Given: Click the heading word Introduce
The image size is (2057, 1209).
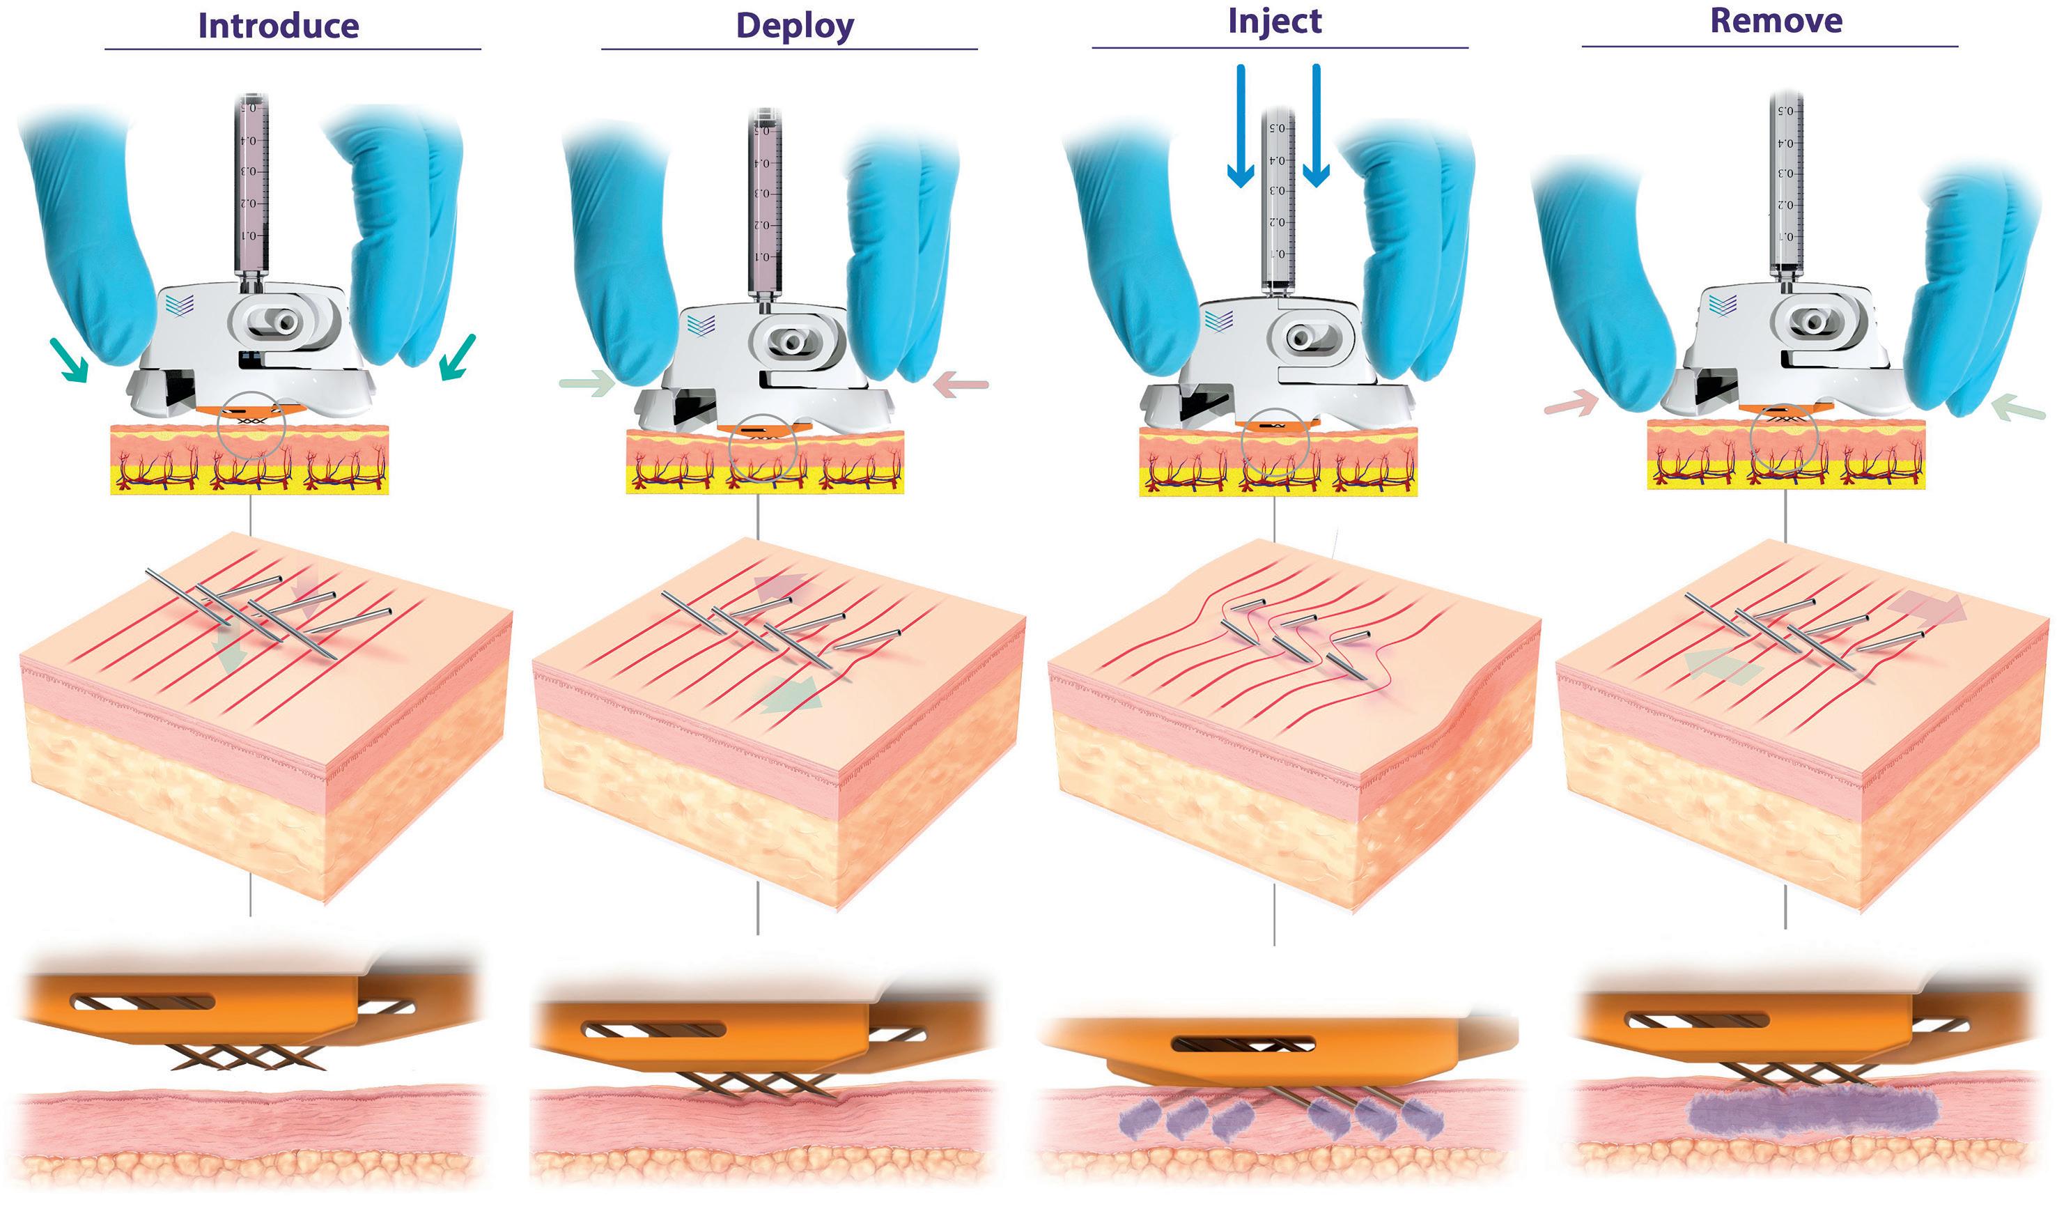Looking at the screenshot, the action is tap(279, 26).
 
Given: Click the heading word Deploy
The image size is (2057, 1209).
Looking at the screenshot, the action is tap(794, 26).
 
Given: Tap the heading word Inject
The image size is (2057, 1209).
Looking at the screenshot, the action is tap(1274, 21).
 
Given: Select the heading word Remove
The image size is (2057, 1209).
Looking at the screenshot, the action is tap(1776, 21).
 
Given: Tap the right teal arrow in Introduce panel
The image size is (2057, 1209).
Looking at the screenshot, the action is tap(456, 357).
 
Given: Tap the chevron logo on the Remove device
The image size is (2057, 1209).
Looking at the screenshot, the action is tap(1723, 305).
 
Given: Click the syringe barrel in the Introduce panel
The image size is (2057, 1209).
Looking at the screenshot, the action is tap(251, 187).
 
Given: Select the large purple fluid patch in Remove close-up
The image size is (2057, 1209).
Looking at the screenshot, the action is tap(1812, 1112).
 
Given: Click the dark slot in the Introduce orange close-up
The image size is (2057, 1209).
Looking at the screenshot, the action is tap(142, 1001).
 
